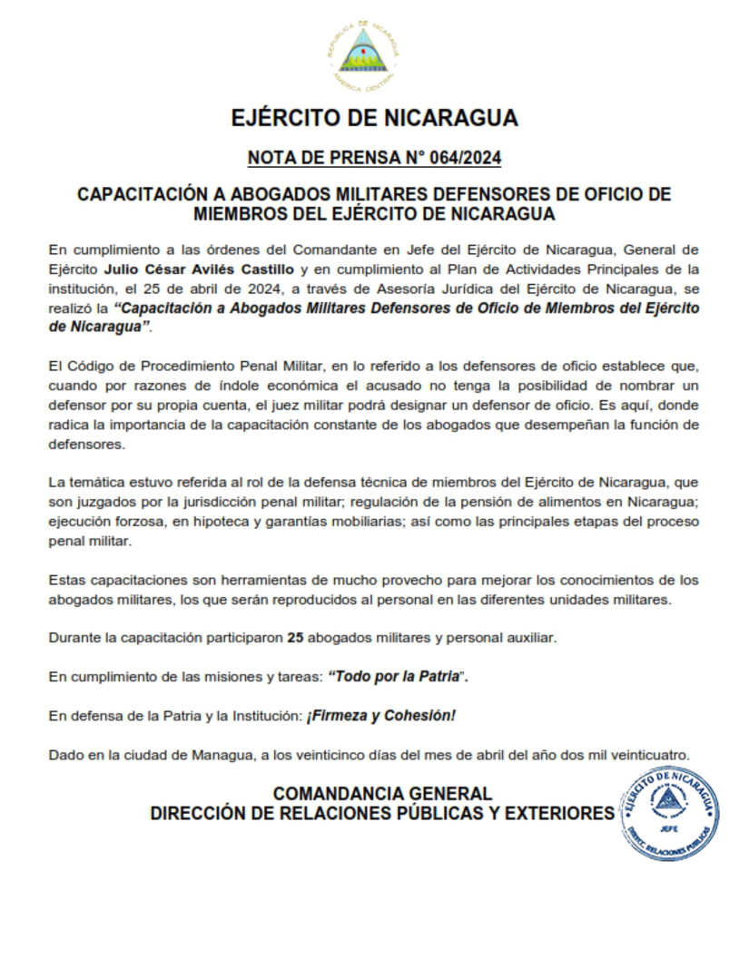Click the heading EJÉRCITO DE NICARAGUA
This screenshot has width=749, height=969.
pos(374,118)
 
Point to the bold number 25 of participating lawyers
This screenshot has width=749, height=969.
pos(294,638)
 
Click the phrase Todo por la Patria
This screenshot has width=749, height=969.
pos(397,677)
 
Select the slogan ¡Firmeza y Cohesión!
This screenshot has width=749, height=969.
pos(381,716)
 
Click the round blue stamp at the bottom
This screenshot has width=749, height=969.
pos(668,806)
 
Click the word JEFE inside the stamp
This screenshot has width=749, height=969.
pos(669,827)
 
